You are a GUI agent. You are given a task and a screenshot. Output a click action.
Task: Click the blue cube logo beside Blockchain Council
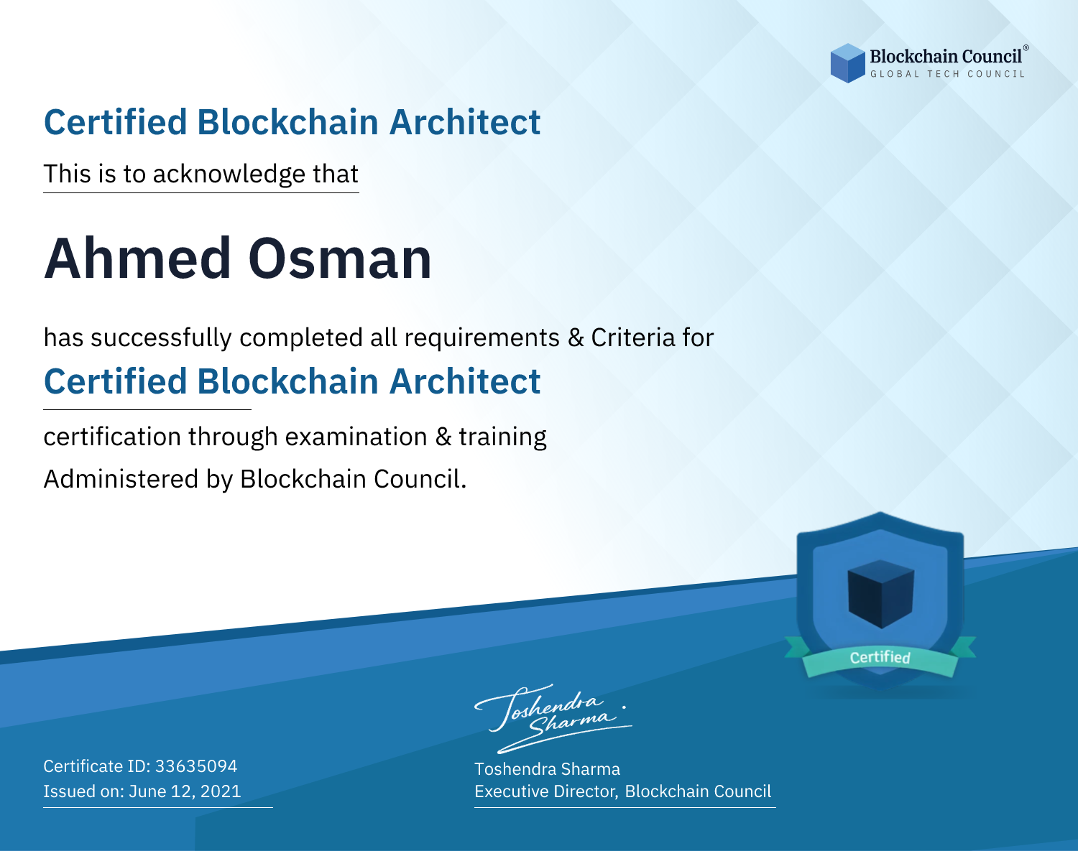(x=847, y=63)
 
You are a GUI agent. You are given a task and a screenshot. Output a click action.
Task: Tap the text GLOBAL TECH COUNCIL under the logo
(x=948, y=74)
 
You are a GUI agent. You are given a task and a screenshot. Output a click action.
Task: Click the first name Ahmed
(x=138, y=259)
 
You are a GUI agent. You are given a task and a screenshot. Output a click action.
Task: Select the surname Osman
(x=340, y=259)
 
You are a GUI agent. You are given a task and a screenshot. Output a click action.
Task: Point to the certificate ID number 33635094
(x=196, y=766)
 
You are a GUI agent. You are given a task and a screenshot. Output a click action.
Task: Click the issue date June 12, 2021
(x=185, y=791)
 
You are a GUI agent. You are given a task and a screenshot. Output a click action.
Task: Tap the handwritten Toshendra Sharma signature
(x=553, y=718)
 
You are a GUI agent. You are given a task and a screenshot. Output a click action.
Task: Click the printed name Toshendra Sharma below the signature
(x=547, y=769)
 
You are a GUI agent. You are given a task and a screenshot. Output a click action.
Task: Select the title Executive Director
(x=546, y=791)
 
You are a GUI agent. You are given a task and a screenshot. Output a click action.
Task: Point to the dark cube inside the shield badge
(x=880, y=594)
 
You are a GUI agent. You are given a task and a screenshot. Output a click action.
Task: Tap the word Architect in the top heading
(x=465, y=122)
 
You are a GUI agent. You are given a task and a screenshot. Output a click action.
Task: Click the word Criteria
(x=632, y=338)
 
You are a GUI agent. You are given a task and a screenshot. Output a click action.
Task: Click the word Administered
(x=121, y=479)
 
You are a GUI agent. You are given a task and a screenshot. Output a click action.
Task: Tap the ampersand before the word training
(x=443, y=437)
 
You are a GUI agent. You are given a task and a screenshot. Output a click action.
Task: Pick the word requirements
(x=482, y=338)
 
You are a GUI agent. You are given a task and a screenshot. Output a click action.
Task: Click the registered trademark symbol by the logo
(x=1026, y=48)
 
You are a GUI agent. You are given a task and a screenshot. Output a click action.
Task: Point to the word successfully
(x=161, y=338)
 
